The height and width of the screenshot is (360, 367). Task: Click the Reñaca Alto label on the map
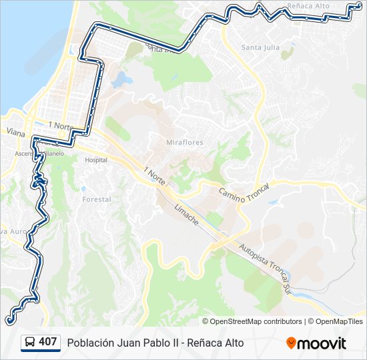coord(308,6)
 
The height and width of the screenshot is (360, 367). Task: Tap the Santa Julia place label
coord(260,47)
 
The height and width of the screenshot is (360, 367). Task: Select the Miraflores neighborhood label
coord(184,143)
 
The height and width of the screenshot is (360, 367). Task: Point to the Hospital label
coord(96,160)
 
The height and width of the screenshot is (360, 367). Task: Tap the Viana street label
coord(14,132)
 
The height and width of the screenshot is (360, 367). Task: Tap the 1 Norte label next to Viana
coord(59,125)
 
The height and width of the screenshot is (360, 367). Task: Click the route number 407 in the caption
coord(47,342)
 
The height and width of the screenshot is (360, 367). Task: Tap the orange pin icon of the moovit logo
coord(291,343)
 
